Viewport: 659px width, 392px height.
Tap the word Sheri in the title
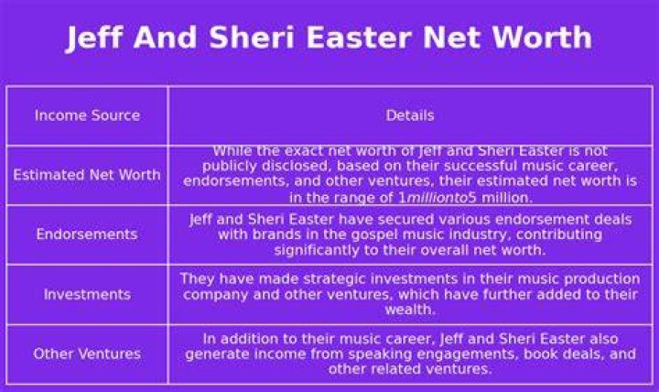coord(251,37)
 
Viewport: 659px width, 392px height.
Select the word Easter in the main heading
coord(359,37)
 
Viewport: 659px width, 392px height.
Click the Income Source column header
coord(88,115)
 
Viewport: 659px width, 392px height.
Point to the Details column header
coord(410,115)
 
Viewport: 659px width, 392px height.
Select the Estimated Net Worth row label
coord(87,175)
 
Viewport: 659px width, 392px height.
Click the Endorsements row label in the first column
coord(87,234)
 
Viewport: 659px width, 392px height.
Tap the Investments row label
coord(87,294)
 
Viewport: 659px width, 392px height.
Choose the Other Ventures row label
coord(87,354)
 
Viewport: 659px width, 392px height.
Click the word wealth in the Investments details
coord(410,310)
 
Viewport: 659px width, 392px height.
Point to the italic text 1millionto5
coord(438,198)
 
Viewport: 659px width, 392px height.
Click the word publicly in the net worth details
coord(230,166)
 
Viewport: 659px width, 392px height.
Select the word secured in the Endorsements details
coord(448,220)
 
